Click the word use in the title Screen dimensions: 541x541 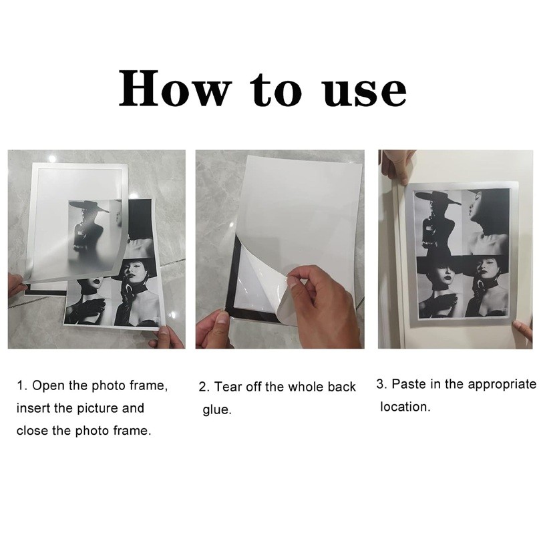pos(364,90)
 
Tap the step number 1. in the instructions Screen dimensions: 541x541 pos(22,386)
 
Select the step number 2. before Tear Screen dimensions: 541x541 pos(204,387)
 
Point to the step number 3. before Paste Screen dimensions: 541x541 pos(381,384)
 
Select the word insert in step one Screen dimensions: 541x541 pos(31,408)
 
